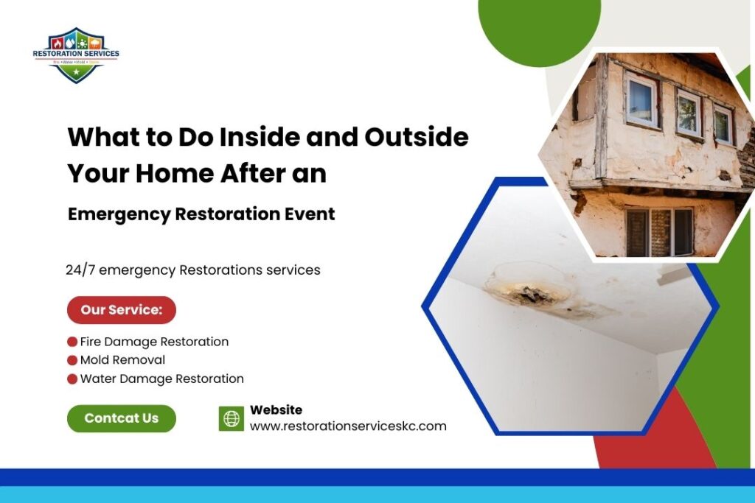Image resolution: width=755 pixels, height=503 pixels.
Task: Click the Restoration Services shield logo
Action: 76,55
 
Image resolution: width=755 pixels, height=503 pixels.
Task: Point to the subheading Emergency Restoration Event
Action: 201,214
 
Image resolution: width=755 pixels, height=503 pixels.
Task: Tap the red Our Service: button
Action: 121,310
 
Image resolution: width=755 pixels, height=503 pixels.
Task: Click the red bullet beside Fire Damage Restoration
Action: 72,342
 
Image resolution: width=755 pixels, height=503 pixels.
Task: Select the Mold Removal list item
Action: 122,360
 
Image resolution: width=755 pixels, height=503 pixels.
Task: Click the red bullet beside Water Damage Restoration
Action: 72,379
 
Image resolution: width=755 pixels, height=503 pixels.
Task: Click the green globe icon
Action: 232,419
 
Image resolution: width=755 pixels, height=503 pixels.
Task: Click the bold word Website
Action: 276,410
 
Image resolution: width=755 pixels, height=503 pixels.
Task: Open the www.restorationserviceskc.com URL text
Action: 348,426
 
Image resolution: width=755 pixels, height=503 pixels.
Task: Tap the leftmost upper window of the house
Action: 641,100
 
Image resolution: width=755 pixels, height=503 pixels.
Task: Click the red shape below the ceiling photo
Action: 649,442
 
